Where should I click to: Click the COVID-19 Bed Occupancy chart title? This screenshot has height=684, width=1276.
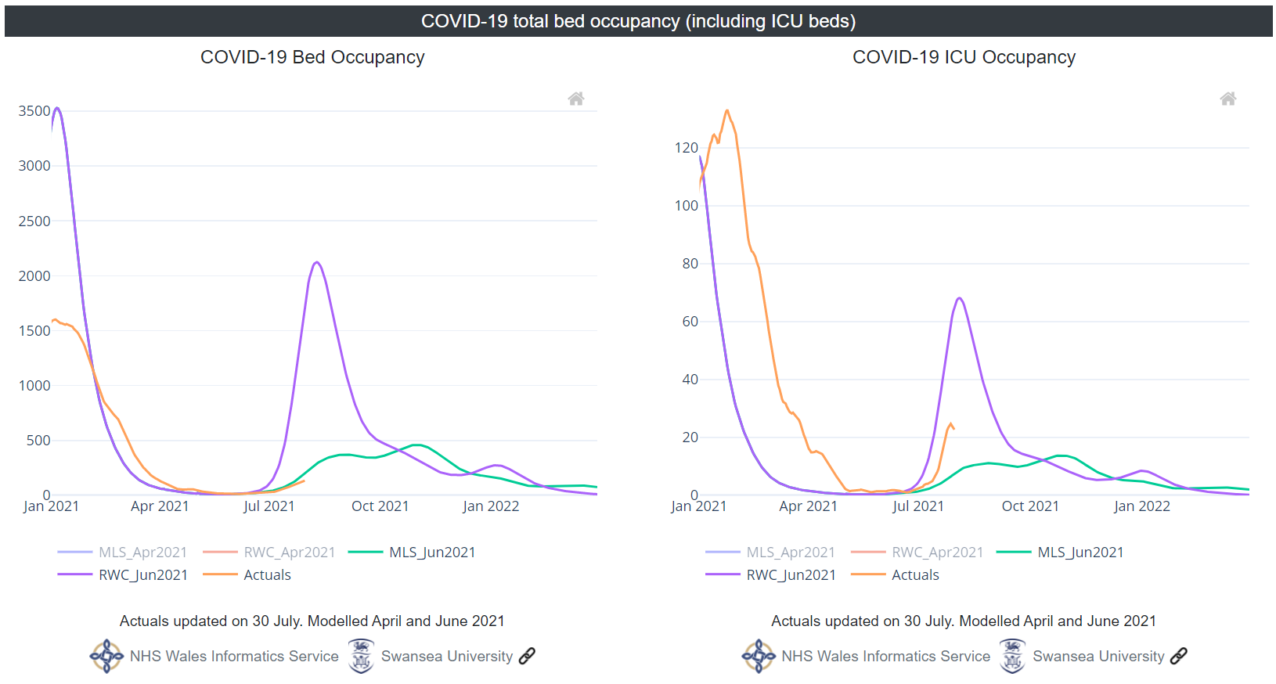pos(312,57)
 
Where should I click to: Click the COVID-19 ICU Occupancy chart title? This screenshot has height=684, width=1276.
pos(964,57)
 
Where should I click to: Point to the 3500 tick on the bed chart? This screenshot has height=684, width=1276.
pos(34,111)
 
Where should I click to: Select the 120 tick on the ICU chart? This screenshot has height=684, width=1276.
pos(686,148)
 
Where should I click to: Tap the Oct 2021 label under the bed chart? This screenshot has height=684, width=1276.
pos(380,506)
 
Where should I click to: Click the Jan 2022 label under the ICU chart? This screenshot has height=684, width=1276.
pos(1141,506)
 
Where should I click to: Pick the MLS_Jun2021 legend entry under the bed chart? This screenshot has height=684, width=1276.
pos(431,553)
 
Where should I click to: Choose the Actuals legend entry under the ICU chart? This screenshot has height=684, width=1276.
pos(914,575)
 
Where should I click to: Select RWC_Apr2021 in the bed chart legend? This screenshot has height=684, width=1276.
pos(289,553)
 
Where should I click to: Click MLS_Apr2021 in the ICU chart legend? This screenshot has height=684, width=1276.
pos(790,553)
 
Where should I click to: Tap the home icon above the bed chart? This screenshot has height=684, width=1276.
pos(576,99)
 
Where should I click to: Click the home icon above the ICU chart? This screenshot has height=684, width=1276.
pos(1228,99)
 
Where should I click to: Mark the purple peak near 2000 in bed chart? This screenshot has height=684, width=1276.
pos(316,262)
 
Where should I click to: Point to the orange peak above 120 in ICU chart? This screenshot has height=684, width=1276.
pos(727,110)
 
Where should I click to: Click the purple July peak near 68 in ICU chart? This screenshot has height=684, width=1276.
pos(959,298)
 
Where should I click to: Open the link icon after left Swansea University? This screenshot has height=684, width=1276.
pos(528,656)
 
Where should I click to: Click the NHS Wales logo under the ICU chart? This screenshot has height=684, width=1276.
pos(759,656)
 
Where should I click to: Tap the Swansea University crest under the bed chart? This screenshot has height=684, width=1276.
pos(361,656)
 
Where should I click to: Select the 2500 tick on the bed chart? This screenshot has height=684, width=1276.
pos(34,221)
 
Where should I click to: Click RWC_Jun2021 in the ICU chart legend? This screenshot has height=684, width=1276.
pos(791,575)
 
